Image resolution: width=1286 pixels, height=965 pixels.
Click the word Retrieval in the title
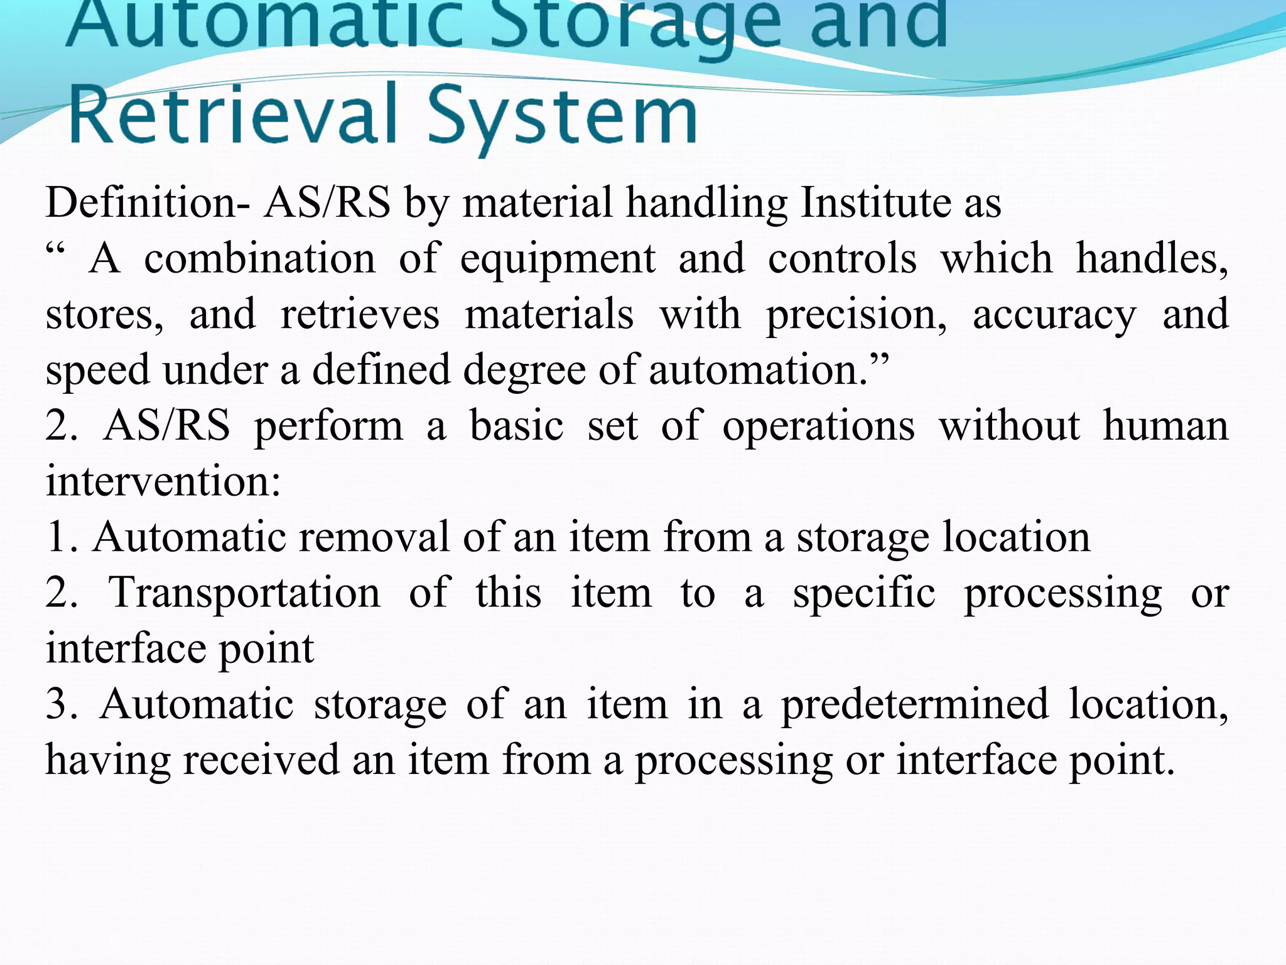(233, 114)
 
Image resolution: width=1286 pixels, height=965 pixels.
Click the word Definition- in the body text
(148, 203)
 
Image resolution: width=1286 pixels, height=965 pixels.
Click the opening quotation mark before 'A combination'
(55, 251)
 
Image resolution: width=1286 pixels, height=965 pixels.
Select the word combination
(259, 258)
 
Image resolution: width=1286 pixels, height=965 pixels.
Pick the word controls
(842, 258)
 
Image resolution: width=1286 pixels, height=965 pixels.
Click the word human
(1165, 426)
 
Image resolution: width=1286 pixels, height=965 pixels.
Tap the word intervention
(163, 482)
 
